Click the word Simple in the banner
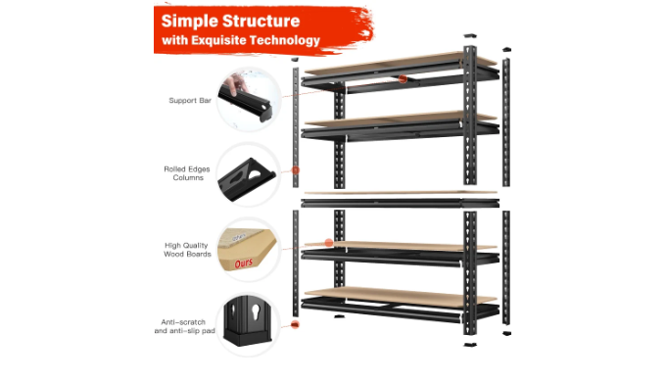(189, 22)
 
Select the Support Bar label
(190, 101)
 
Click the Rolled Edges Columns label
(187, 173)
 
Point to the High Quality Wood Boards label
(187, 250)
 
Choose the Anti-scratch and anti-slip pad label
(184, 326)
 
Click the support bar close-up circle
(249, 99)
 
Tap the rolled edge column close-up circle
(249, 174)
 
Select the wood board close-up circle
(249, 250)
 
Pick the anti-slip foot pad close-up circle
(249, 325)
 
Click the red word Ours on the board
(244, 263)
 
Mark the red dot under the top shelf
(403, 78)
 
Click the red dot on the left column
(296, 170)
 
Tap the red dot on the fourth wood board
(329, 243)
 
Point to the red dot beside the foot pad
(295, 325)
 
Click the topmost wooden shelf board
(401, 63)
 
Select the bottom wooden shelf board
(401, 296)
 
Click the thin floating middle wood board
(401, 193)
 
